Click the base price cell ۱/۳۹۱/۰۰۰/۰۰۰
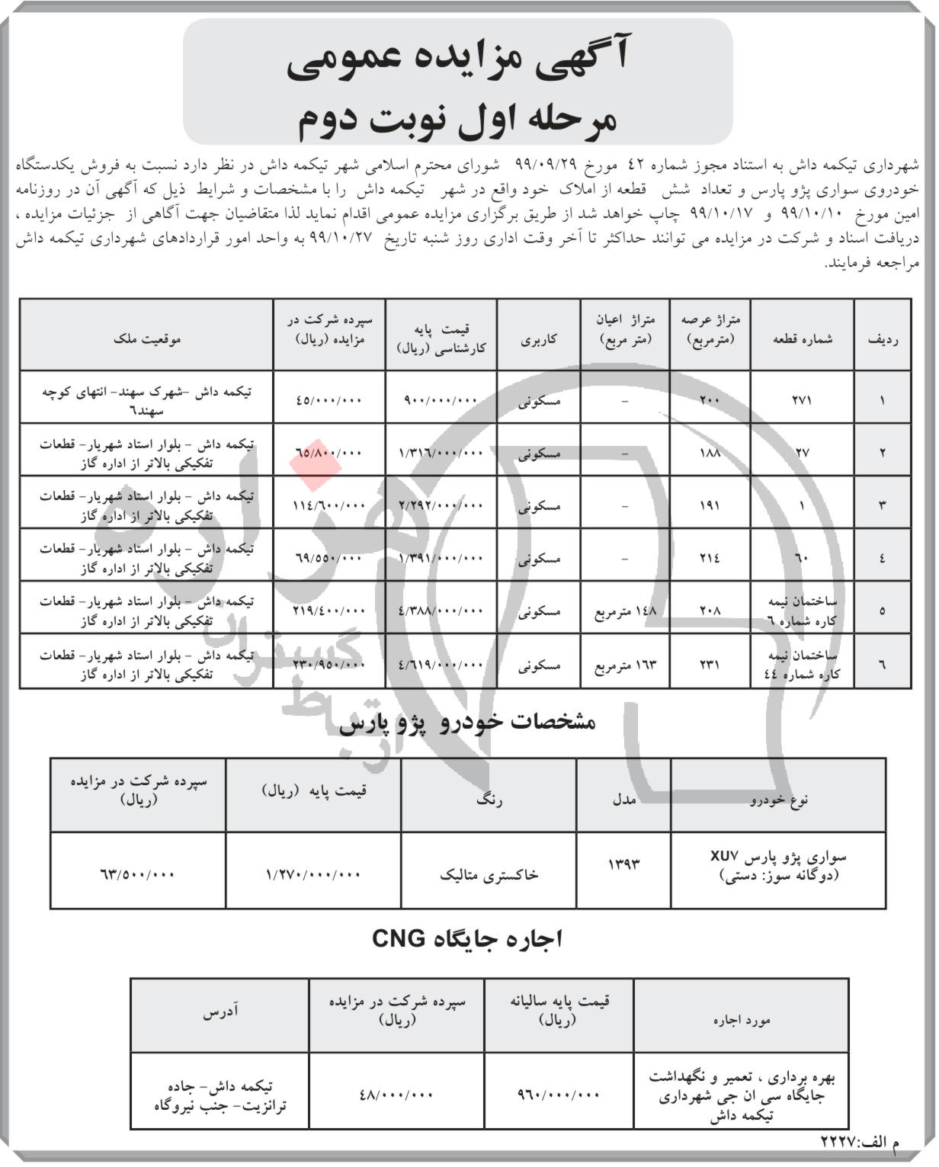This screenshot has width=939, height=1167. tap(441, 558)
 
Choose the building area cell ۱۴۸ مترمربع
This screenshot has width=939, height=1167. tap(625, 611)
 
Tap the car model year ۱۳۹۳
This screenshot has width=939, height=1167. tap(623, 864)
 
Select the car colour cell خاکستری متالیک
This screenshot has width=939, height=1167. tap(489, 874)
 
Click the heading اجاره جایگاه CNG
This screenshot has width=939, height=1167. tap(467, 938)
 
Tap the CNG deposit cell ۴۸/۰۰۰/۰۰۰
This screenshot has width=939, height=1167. tap(396, 1095)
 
